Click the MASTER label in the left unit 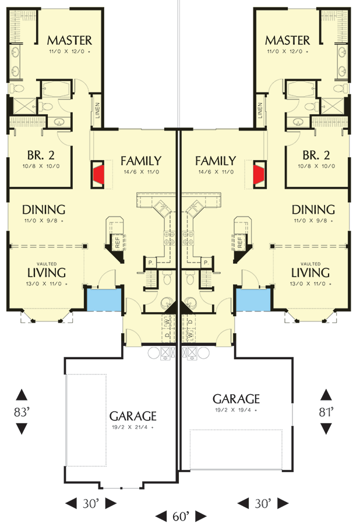(69, 40)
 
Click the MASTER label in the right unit (287, 40)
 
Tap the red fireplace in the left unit (98, 173)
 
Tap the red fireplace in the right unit (259, 173)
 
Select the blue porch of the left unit (103, 300)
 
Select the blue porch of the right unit (253, 300)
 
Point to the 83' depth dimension (22, 412)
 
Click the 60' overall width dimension (180, 516)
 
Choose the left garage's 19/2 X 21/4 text (133, 427)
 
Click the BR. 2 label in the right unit (317, 155)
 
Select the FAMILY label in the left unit (141, 161)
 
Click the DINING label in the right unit (313, 210)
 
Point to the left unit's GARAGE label (133, 416)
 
